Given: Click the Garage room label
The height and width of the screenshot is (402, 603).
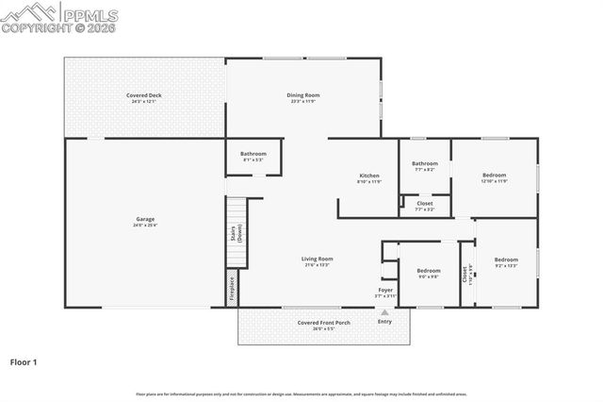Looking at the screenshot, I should [x=144, y=219].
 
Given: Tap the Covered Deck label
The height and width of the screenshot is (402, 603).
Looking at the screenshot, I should [x=144, y=95].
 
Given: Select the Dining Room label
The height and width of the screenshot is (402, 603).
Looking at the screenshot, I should [x=303, y=94].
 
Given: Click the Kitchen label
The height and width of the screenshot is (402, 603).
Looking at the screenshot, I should [x=369, y=176].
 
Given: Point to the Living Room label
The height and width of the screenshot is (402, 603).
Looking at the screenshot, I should [x=317, y=259].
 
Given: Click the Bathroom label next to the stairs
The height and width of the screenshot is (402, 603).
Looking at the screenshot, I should [x=253, y=154].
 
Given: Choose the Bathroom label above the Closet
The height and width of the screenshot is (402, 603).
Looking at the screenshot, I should [x=424, y=163].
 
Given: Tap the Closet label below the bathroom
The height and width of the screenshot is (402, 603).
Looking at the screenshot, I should [x=425, y=203].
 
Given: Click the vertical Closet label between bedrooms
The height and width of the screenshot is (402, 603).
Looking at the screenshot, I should [x=464, y=275].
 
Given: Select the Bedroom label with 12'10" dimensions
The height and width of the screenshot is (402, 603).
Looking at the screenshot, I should [x=495, y=175].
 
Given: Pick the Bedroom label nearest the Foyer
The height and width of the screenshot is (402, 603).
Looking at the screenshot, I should [x=429, y=271].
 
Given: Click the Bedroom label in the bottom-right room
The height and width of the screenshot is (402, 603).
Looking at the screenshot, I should [x=506, y=260].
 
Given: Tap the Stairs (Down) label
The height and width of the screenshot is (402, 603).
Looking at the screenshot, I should [x=236, y=233].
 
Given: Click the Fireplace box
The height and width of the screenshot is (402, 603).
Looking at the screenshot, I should [x=232, y=288].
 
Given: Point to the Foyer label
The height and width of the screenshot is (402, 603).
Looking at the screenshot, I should [x=385, y=290].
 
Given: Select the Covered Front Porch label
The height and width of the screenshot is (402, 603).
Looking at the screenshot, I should [x=323, y=323].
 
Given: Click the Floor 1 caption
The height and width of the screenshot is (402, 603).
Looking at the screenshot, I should [x=24, y=360].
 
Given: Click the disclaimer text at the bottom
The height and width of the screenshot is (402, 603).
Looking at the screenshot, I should [x=301, y=394].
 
